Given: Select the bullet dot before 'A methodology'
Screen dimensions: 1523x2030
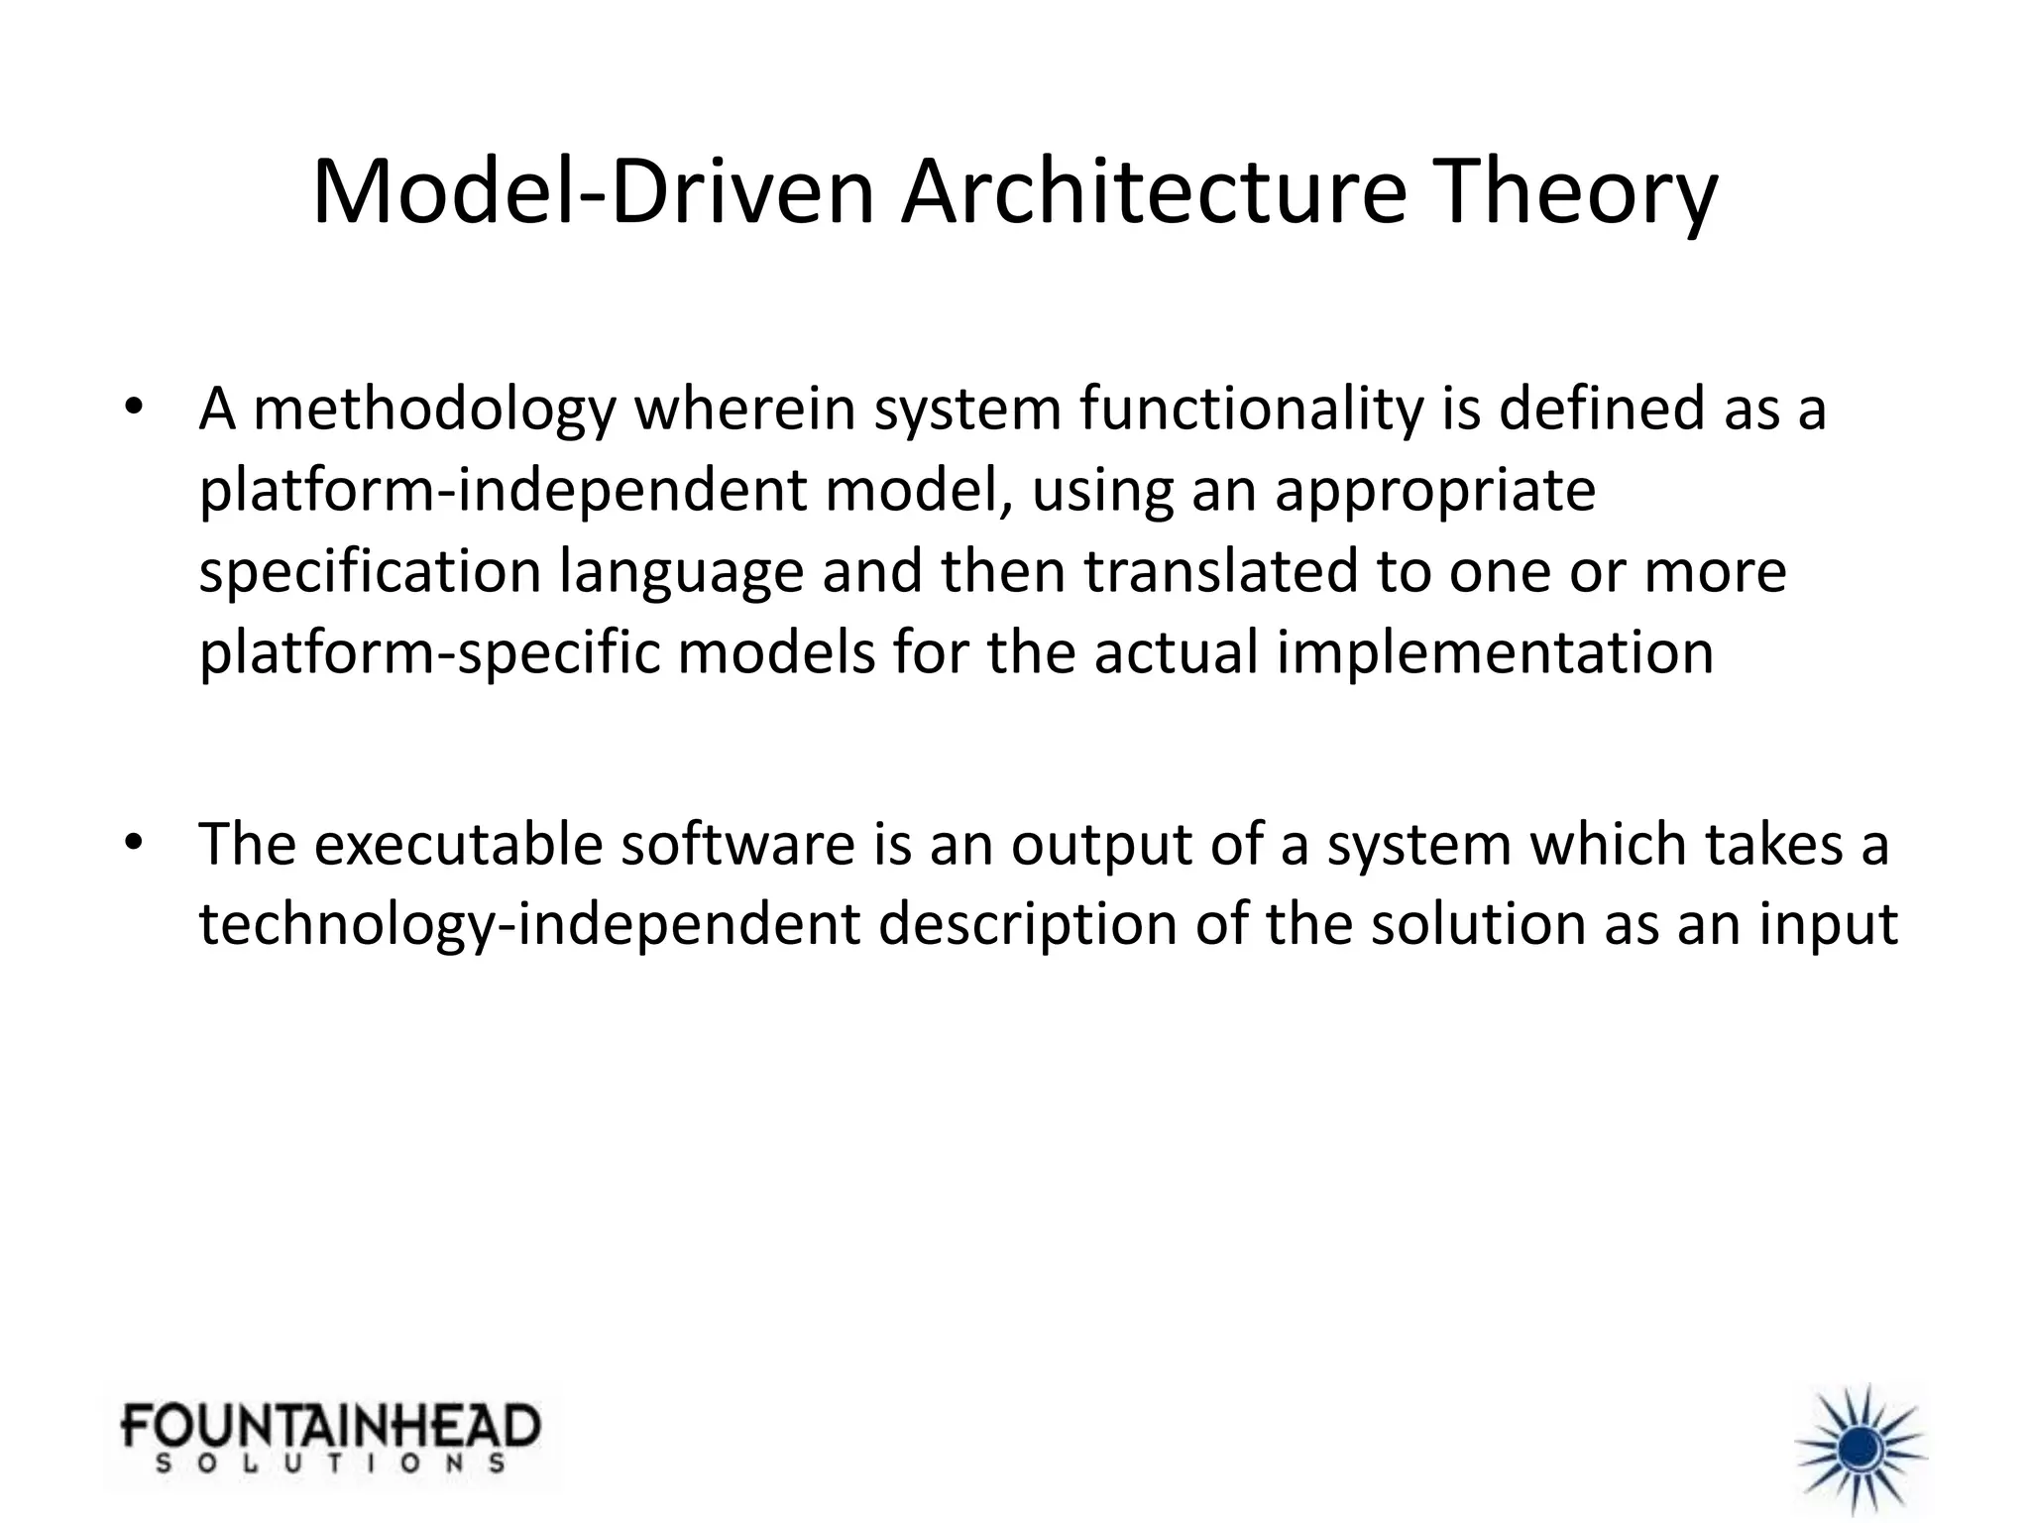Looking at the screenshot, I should pyautogui.click(x=135, y=409).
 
